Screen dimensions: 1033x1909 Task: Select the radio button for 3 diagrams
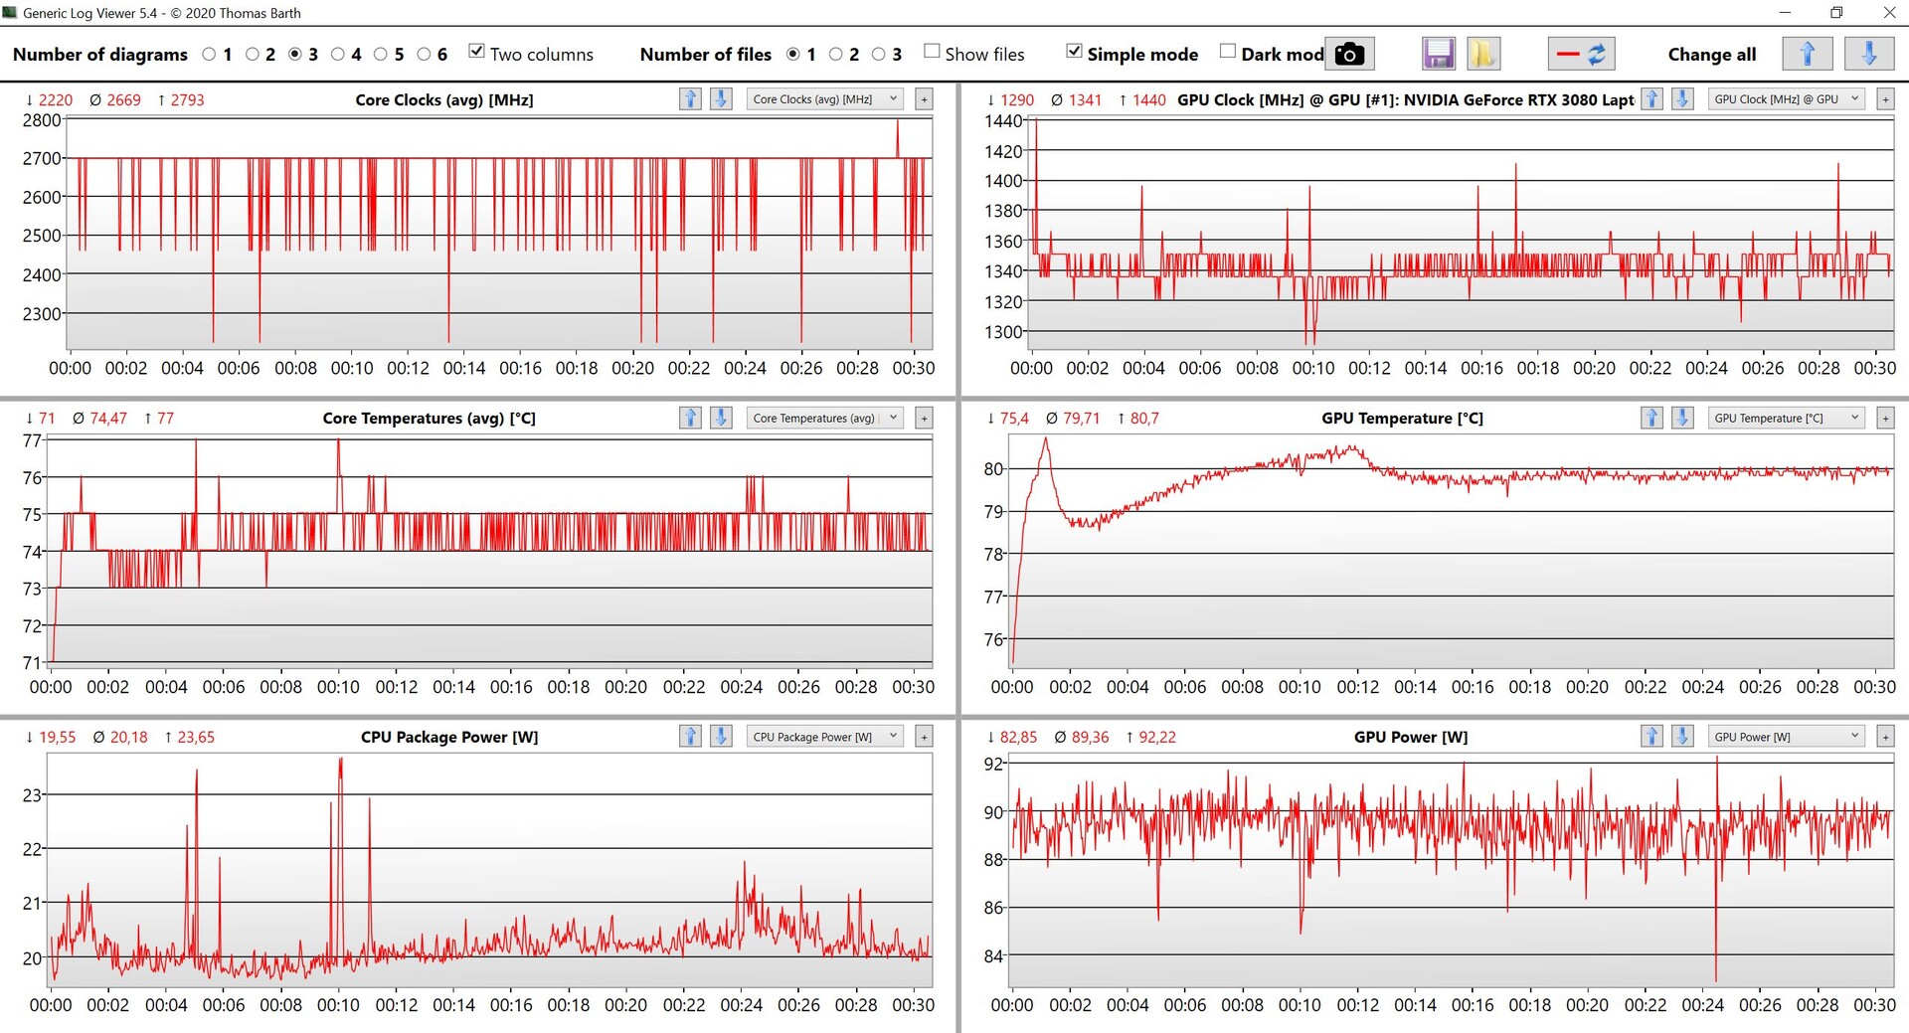(295, 55)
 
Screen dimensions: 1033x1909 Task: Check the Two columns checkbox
(477, 52)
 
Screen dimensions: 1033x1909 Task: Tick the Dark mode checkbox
(1229, 52)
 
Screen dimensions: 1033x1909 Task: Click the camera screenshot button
(1349, 54)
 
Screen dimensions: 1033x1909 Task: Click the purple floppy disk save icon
(1439, 54)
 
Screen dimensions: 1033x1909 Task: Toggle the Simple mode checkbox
(1074, 52)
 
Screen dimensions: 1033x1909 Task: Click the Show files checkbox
(932, 52)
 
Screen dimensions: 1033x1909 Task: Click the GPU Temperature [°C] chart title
(1402, 419)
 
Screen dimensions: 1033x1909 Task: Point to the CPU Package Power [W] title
(449, 737)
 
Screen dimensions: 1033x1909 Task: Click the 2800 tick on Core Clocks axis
(42, 120)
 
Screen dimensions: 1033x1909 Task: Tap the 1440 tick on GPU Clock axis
(1003, 121)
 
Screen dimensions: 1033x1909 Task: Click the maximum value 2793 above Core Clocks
(187, 100)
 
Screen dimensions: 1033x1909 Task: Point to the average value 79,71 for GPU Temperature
(1080, 419)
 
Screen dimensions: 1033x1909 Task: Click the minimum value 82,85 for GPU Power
(1018, 737)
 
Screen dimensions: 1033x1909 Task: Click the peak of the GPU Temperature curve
(1045, 439)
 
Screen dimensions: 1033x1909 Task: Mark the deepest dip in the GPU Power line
(1716, 979)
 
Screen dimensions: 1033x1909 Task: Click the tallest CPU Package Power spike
(341, 760)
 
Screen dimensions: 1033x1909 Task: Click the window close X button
(1889, 13)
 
